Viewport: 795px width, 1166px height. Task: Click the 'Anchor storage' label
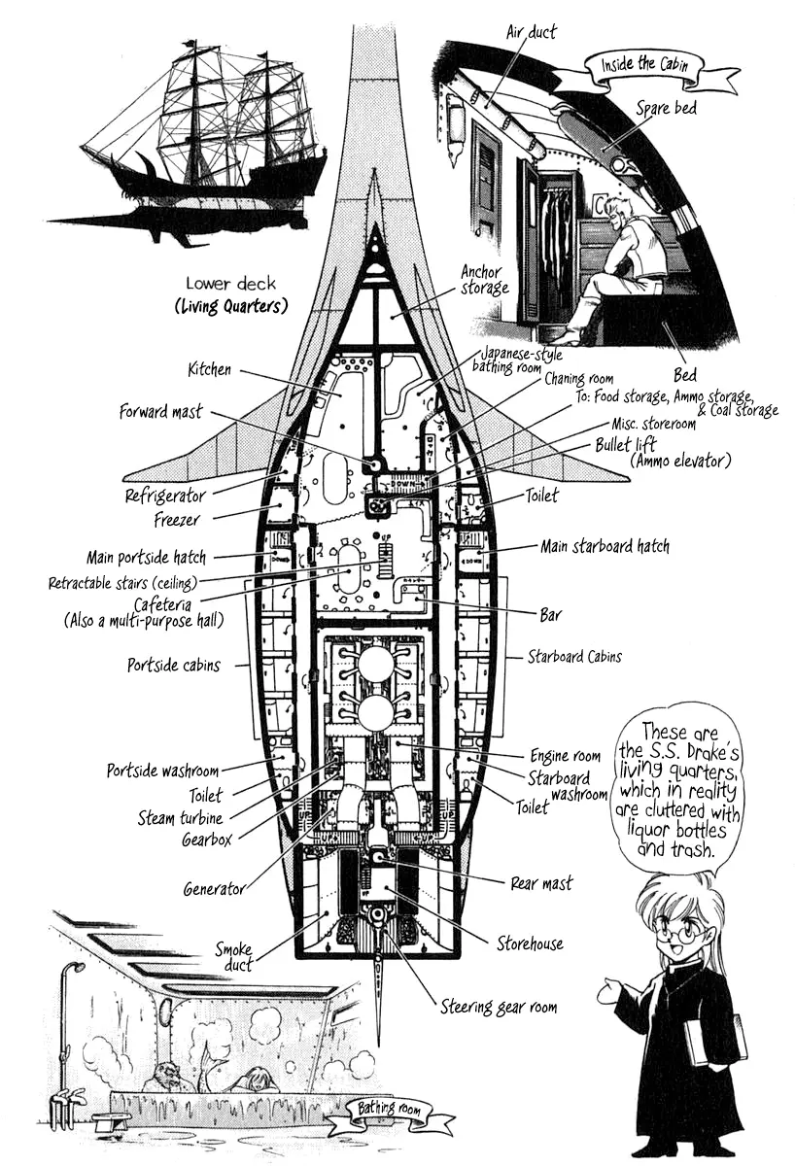(x=484, y=280)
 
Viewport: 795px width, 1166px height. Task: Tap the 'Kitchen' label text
(x=209, y=369)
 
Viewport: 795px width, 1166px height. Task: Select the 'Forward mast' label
(x=160, y=411)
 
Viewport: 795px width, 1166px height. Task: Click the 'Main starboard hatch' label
(x=605, y=547)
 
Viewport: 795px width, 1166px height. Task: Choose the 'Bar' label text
(x=550, y=615)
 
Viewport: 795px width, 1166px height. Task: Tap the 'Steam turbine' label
(x=180, y=818)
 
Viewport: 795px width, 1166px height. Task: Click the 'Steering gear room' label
(x=499, y=1007)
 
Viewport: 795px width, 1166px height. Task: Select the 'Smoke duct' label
(x=234, y=957)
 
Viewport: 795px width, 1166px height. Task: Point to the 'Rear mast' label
(x=541, y=883)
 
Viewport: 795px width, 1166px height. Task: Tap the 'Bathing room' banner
(x=377, y=1111)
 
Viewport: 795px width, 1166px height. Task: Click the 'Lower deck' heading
(x=230, y=284)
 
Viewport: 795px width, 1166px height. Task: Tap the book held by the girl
(x=714, y=1041)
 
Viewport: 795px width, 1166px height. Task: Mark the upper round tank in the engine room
(x=376, y=667)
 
